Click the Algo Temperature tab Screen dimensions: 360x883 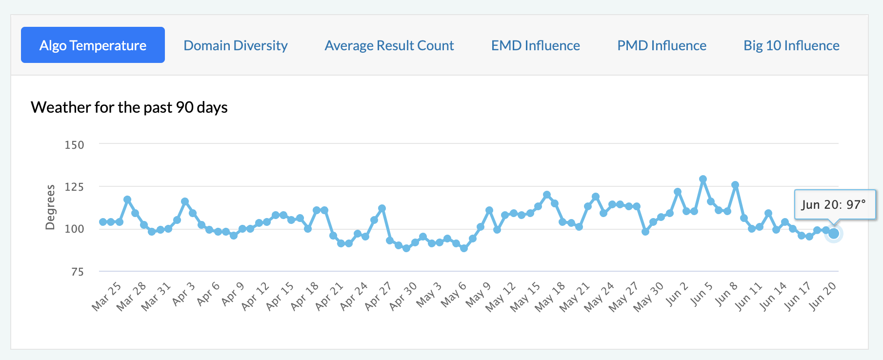(93, 45)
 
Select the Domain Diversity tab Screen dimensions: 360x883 (236, 45)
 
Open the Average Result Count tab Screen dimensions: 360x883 (389, 45)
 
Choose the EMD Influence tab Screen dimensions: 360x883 (536, 45)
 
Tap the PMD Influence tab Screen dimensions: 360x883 (662, 45)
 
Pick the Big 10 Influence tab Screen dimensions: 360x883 (791, 45)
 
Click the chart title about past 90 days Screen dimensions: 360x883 (129, 107)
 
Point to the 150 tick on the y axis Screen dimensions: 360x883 (74, 145)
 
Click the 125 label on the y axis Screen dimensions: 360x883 (74, 187)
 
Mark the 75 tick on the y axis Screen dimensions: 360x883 (77, 272)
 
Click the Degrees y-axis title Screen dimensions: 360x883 (50, 207)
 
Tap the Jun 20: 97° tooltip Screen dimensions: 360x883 (834, 204)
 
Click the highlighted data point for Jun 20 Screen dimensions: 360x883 (834, 234)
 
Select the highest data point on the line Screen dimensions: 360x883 (703, 180)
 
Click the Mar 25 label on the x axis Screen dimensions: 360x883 (107, 296)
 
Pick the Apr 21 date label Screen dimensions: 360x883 (330, 296)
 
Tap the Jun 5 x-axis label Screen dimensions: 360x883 (702, 294)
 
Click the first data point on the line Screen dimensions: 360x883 (103, 222)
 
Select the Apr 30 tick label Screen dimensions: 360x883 (403, 296)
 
